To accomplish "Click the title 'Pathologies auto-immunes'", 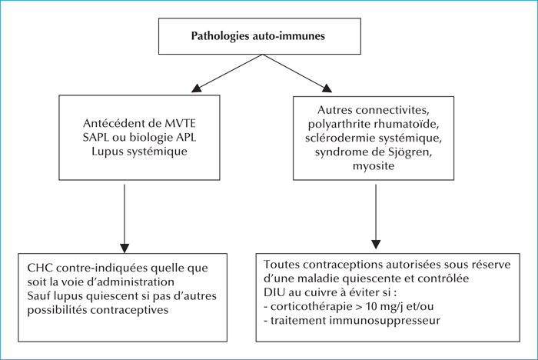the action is (x=258, y=36).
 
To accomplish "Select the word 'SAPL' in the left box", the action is (x=96, y=137).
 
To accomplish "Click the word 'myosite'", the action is (x=374, y=166).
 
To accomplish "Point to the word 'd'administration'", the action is (x=131, y=282).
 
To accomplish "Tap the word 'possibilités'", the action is (x=57, y=310).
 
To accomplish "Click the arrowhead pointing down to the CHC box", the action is (x=125, y=248).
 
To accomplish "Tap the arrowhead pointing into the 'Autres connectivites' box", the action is (x=327, y=88).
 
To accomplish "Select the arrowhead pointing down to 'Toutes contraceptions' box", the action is (x=376, y=245).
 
